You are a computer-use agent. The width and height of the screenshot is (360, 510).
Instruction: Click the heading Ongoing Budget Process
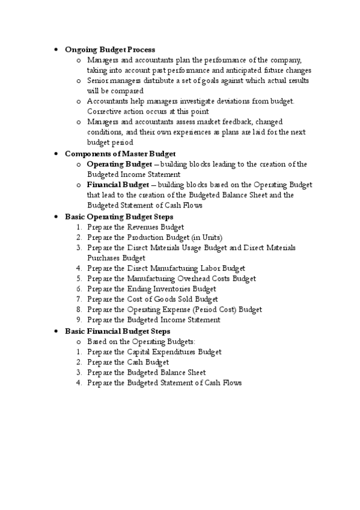click(110, 49)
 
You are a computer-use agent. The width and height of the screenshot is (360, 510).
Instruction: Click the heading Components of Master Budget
click(120, 153)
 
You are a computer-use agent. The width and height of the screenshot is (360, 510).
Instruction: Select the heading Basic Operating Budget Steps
click(119, 216)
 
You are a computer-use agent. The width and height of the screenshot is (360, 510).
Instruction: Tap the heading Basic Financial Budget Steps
click(117, 331)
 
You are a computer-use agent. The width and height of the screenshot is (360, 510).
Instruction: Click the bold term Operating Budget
click(115, 164)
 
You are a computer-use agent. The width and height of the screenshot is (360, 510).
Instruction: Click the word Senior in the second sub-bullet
click(98, 81)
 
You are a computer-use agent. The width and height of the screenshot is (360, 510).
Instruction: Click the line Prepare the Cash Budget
click(127, 362)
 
